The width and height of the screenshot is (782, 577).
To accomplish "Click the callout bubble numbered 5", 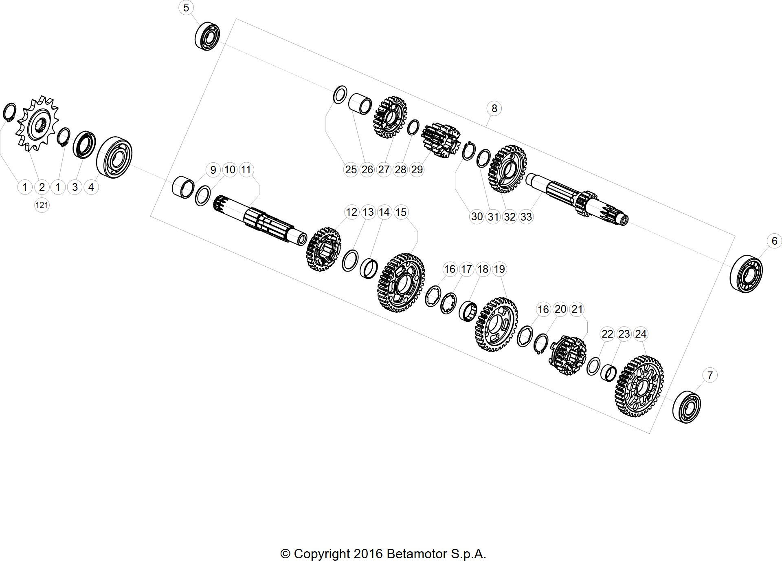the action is point(186,7).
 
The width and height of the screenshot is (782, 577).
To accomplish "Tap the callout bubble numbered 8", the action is point(494,108).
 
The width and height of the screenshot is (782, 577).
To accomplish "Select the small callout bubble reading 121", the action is point(42,205).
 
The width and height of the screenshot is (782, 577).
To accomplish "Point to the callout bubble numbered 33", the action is point(526,217).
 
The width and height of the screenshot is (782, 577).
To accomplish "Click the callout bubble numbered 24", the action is point(641,334).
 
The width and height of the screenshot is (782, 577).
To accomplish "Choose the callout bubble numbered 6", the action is point(774,241).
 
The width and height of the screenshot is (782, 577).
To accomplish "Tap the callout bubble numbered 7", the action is point(710,375).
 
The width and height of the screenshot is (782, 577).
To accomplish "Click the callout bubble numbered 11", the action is point(246,169).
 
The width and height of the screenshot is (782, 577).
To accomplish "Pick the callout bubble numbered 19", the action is point(499,269).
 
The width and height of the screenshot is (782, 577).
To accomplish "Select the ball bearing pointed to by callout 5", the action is point(207,36).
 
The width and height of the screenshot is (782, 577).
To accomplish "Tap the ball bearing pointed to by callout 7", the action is point(687,407).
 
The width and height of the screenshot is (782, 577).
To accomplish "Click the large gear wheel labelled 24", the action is point(639,386).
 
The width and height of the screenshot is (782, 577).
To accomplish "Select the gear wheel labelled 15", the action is point(402,282).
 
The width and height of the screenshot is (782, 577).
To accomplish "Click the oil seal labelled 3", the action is point(84,144).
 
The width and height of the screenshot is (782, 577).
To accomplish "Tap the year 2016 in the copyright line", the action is point(368,554).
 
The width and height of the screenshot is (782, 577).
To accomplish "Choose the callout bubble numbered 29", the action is point(417,169).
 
